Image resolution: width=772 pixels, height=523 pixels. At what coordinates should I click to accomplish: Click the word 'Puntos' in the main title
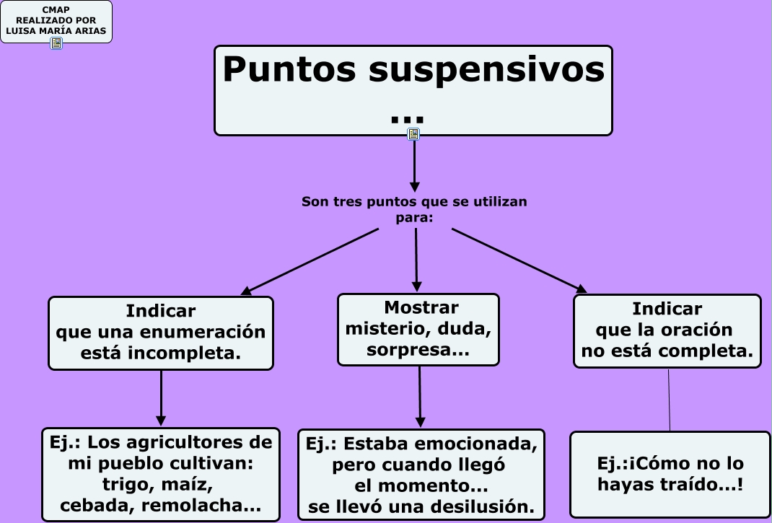point(289,70)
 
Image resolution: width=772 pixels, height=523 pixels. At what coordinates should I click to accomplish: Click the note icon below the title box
point(413,134)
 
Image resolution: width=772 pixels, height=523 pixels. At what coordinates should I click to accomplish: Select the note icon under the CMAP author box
point(56,43)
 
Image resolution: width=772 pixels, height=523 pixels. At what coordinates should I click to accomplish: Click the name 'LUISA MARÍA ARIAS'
point(56,31)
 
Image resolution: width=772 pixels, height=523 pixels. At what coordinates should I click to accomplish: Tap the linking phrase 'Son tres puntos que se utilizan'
point(414,202)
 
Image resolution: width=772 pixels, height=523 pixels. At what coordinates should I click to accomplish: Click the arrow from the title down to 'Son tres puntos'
point(414,165)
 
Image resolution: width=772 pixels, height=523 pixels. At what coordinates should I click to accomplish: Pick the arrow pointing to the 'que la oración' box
point(519,260)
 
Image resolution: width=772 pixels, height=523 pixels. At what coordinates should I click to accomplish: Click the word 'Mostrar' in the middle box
point(421,308)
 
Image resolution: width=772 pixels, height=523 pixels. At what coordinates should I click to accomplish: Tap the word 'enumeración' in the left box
point(214,333)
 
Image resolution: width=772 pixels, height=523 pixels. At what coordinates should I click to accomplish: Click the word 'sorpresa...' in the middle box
point(418,351)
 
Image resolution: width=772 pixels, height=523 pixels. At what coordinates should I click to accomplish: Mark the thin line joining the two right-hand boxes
point(669,400)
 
